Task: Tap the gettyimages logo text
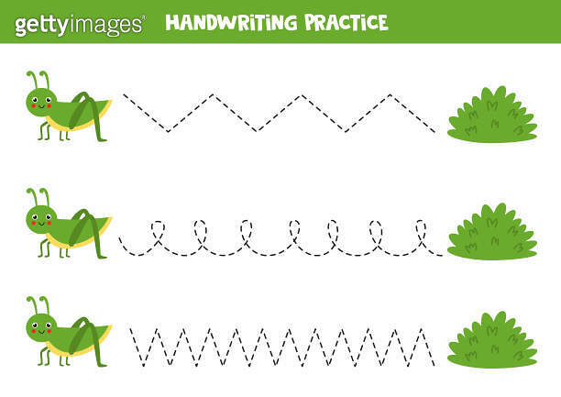[80, 24]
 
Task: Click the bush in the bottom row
[492, 340]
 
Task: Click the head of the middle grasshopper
[40, 217]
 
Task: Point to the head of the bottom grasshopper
[40, 325]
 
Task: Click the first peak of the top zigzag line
[213, 94]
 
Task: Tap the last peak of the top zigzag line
[390, 94]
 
